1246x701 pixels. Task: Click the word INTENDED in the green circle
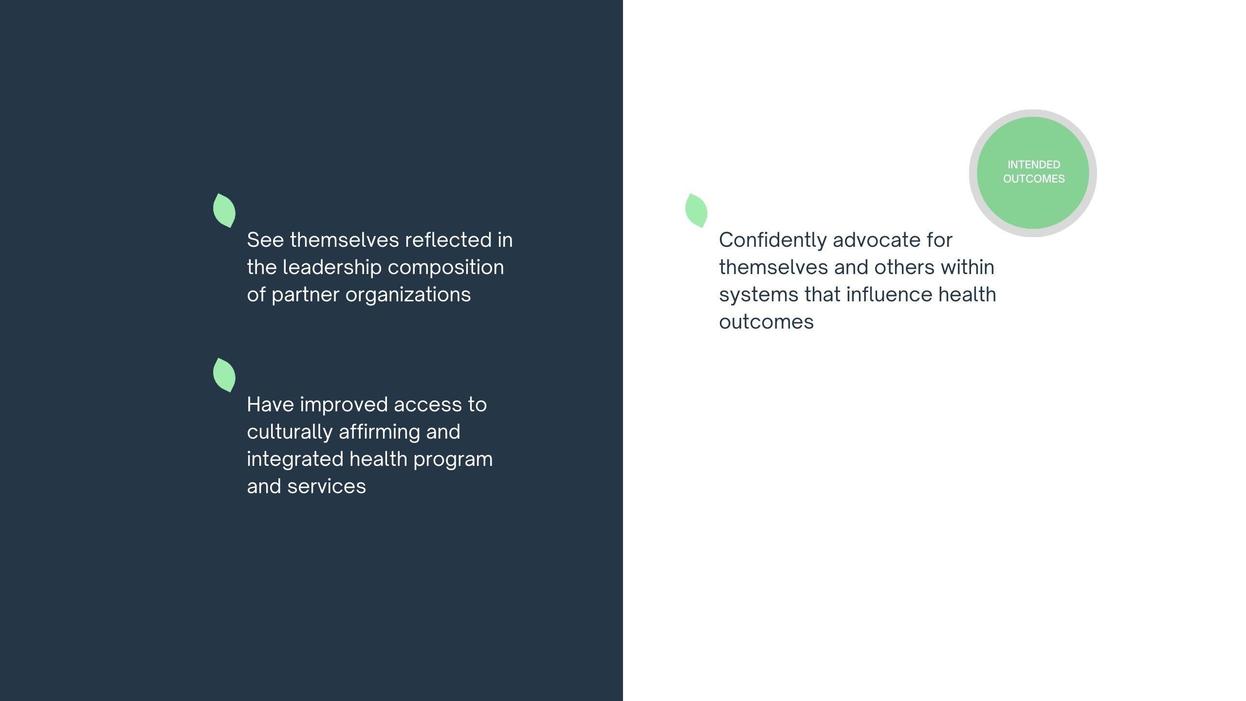1033,165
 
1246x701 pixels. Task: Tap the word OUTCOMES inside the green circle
1033,179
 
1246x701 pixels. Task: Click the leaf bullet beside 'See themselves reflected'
224,210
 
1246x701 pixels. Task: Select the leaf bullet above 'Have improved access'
224,375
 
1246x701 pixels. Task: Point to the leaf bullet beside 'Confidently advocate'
696,210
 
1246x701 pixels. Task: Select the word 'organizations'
408,295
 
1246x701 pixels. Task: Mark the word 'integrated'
294,460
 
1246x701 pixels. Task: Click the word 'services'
326,486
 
